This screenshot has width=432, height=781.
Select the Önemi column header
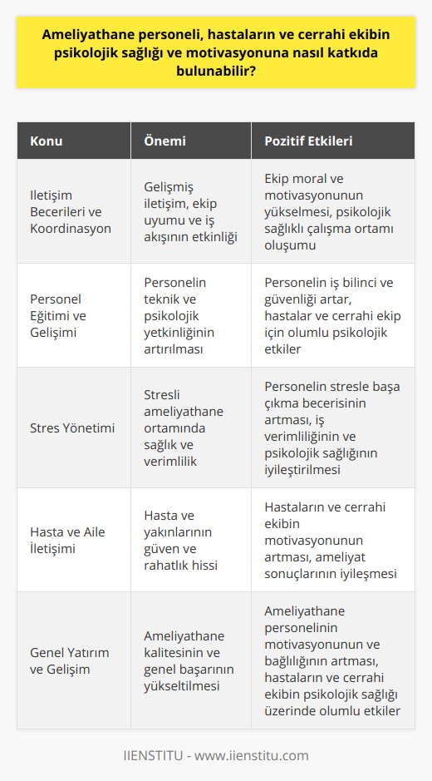point(166,141)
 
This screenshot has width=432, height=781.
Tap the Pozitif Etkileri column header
point(307,141)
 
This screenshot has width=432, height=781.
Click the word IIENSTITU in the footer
point(154,755)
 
